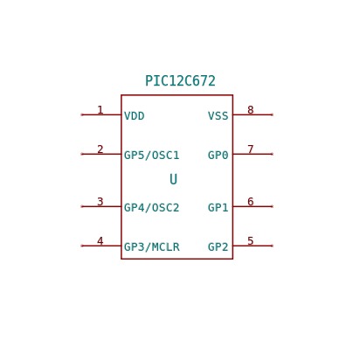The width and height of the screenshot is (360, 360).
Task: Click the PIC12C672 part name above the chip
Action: pos(180,81)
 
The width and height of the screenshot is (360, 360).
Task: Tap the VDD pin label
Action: pos(135,116)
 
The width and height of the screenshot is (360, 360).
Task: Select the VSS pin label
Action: pos(218,116)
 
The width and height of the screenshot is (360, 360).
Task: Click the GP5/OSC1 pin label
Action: pos(151,156)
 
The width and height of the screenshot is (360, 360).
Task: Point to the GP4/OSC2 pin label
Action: pos(151,208)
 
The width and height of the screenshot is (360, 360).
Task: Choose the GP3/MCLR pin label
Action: pos(152,247)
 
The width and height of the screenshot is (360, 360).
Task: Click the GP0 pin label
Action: pos(218,156)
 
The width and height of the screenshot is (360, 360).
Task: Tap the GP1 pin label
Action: pos(218,208)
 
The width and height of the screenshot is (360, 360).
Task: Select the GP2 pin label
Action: pos(218,247)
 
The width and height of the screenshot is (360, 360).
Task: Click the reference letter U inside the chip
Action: pos(173,179)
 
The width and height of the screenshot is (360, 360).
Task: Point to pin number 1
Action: pos(100,110)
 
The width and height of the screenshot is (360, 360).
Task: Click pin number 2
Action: pos(100,149)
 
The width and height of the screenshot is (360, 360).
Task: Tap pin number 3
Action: pos(100,202)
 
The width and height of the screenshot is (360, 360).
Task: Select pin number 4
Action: pos(100,241)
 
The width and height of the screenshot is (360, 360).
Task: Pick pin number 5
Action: pos(251,241)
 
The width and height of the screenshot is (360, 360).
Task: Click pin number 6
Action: pos(251,202)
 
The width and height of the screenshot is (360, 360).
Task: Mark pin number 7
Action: pos(251,149)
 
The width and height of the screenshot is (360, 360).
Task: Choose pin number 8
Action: pos(251,110)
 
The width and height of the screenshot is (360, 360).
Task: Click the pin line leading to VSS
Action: pos(253,114)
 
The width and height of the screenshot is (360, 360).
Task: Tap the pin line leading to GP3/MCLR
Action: pos(101,246)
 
